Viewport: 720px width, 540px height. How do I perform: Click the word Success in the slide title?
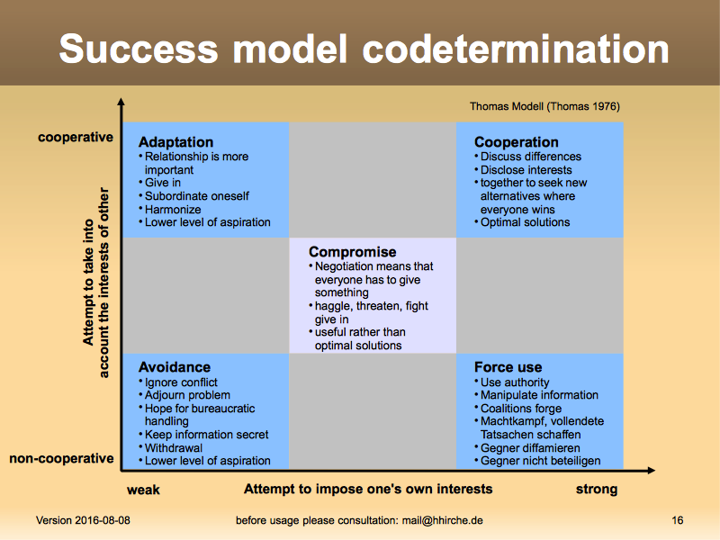pyautogui.click(x=139, y=49)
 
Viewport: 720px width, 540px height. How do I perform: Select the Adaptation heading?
pyautogui.click(x=175, y=142)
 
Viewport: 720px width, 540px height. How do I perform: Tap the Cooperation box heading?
pyautogui.click(x=516, y=142)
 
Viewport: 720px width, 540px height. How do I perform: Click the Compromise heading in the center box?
pyautogui.click(x=352, y=252)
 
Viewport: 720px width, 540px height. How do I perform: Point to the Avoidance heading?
pyautogui.click(x=175, y=367)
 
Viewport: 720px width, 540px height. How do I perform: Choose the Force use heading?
pyautogui.click(x=508, y=367)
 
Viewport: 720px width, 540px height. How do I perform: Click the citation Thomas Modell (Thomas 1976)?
pyautogui.click(x=544, y=106)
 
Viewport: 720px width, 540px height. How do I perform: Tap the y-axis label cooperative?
pyautogui.click(x=76, y=138)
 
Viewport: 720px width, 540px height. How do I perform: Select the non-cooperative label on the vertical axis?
pyautogui.click(x=61, y=458)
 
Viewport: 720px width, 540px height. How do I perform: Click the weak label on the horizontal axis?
pyautogui.click(x=143, y=490)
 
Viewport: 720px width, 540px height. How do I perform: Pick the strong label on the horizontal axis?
pyautogui.click(x=597, y=490)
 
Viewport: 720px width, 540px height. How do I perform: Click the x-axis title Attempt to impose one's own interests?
pyautogui.click(x=368, y=489)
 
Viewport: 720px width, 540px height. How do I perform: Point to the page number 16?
pyautogui.click(x=678, y=520)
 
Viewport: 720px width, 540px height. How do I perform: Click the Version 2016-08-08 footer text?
pyautogui.click(x=83, y=520)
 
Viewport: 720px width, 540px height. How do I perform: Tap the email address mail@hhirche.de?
pyautogui.click(x=442, y=520)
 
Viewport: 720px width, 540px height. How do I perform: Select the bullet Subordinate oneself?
pyautogui.click(x=196, y=196)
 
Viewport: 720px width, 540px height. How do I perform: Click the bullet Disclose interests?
pyautogui.click(x=526, y=170)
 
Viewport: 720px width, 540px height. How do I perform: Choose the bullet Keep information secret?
pyautogui.click(x=206, y=435)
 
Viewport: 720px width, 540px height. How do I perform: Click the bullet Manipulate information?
pyautogui.click(x=539, y=395)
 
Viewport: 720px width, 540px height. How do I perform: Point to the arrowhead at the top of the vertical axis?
pyautogui.click(x=121, y=101)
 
